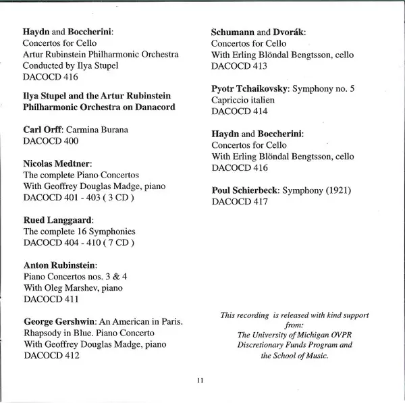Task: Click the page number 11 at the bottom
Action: click(x=200, y=381)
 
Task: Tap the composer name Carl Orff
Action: click(x=42, y=129)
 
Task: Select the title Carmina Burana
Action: click(x=93, y=129)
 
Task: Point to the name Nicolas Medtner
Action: click(x=57, y=164)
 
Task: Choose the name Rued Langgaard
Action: click(x=57, y=220)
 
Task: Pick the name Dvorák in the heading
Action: click(x=288, y=32)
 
